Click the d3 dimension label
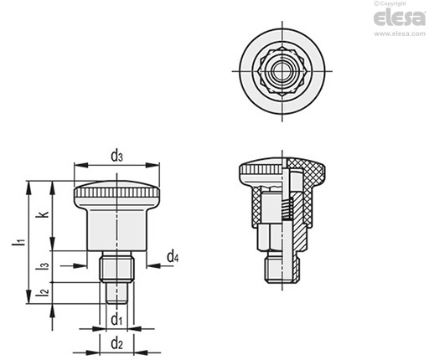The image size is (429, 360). coord(116,157)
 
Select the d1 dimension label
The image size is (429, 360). coord(116,319)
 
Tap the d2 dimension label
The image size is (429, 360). coord(116,343)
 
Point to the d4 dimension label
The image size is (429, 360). coord(173,257)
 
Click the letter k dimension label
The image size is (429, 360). coord(44,214)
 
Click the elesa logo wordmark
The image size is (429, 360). coord(400,18)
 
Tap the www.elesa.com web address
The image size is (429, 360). coord(400,33)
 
